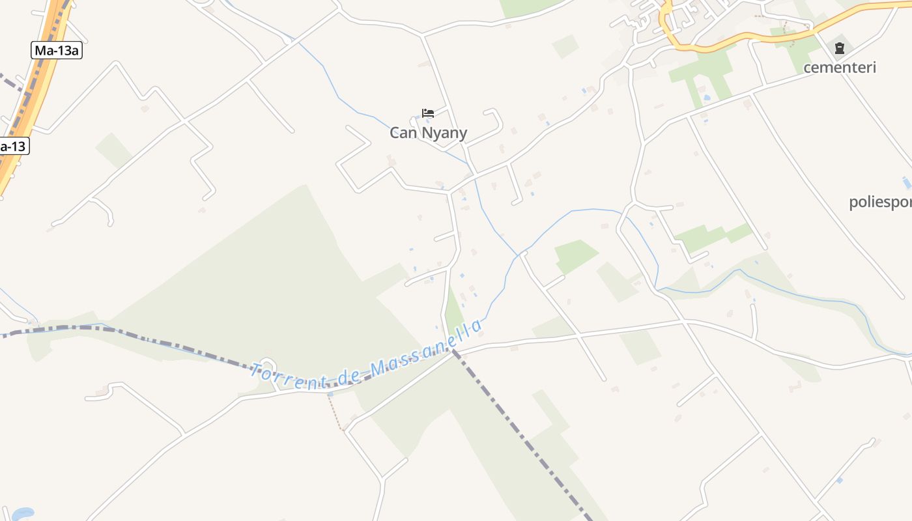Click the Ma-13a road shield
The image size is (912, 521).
point(57,50)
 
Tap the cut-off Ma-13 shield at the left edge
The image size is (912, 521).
point(13,146)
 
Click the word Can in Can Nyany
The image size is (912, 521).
point(403,133)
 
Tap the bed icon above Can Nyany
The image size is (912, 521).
point(427,113)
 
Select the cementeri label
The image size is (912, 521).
point(839,67)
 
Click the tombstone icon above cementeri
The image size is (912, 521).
point(840,48)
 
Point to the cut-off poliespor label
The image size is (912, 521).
point(880,202)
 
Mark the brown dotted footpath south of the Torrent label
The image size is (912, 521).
point(335,413)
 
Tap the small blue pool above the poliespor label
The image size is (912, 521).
point(907,183)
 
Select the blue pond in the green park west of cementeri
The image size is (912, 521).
point(706,98)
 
